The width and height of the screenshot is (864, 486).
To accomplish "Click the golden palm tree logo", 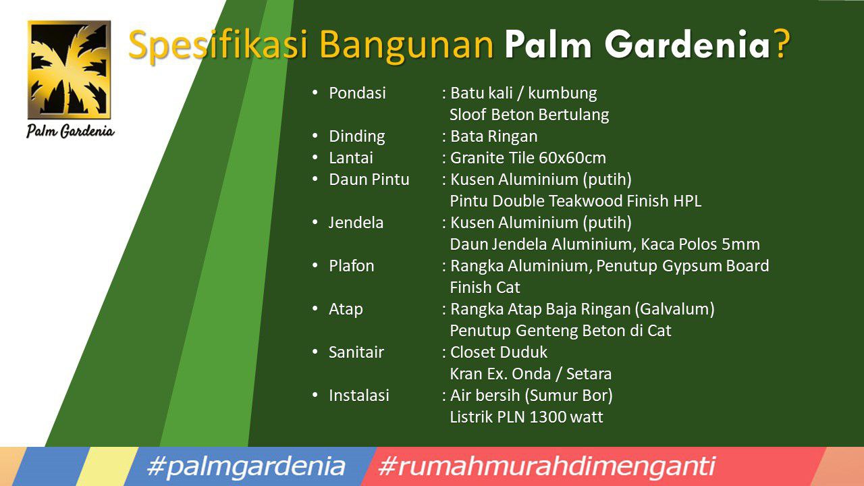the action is point(69,70).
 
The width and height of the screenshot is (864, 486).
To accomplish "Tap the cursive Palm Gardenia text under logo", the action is point(70,131).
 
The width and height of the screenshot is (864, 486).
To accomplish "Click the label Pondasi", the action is point(357,93).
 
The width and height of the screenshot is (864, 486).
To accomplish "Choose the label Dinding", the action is point(357,136).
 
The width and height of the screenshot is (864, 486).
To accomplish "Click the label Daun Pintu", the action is point(369,180).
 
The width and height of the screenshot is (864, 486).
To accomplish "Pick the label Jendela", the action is point(356,223).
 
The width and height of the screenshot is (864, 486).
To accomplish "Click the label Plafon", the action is point(352,266).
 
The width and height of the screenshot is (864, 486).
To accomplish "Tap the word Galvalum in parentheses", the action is point(674,309).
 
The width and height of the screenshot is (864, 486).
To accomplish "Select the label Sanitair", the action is point(356,352).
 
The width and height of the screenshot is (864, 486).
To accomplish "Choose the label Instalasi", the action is point(358,396).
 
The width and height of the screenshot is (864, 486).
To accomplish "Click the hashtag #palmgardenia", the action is point(245,466).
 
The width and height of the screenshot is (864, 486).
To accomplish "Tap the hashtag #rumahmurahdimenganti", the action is point(547,466).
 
